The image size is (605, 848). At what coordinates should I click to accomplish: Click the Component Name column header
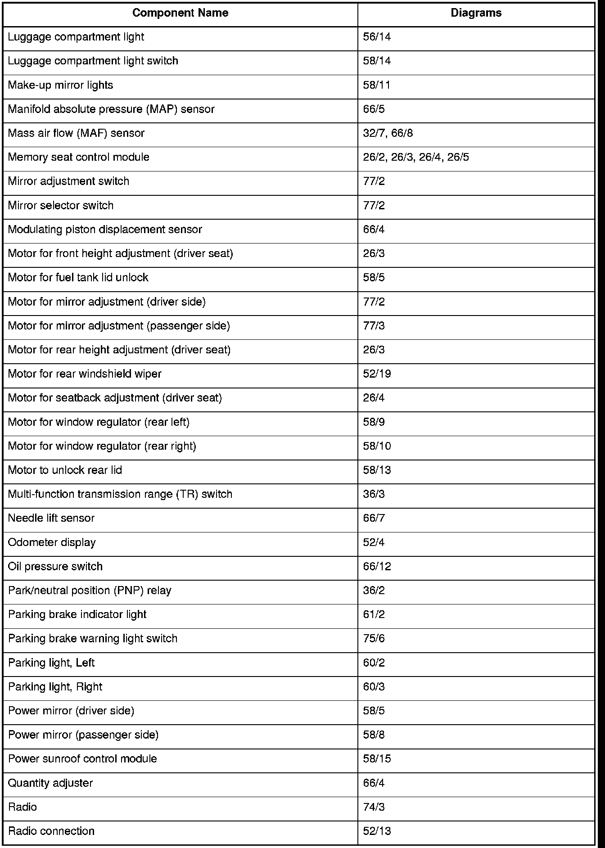180,13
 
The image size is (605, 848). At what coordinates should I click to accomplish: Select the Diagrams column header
476,13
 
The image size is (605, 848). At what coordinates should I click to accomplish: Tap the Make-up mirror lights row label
60,85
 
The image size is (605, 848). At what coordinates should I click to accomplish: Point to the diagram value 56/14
377,37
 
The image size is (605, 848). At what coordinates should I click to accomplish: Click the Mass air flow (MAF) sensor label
76,133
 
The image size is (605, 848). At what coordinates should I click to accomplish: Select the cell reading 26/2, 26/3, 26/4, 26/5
416,157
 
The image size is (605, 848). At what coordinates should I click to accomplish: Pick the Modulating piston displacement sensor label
105,230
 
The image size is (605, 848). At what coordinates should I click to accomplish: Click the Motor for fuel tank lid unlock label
78,277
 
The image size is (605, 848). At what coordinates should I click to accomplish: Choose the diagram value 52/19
377,374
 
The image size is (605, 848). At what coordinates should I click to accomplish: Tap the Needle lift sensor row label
51,518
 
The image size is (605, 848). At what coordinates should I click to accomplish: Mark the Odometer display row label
52,542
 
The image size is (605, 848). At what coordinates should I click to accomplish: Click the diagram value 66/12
377,566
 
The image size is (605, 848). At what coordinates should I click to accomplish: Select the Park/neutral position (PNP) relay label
90,591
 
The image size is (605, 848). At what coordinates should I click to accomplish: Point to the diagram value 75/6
374,638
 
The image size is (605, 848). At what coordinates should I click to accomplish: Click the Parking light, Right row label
55,687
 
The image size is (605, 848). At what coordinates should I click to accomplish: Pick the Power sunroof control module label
82,759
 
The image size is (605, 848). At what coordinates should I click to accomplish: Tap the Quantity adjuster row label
50,783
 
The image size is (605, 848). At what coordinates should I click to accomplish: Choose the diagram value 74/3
374,807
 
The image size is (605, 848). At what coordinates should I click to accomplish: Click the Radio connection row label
51,831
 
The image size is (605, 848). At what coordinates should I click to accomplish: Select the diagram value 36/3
374,494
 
